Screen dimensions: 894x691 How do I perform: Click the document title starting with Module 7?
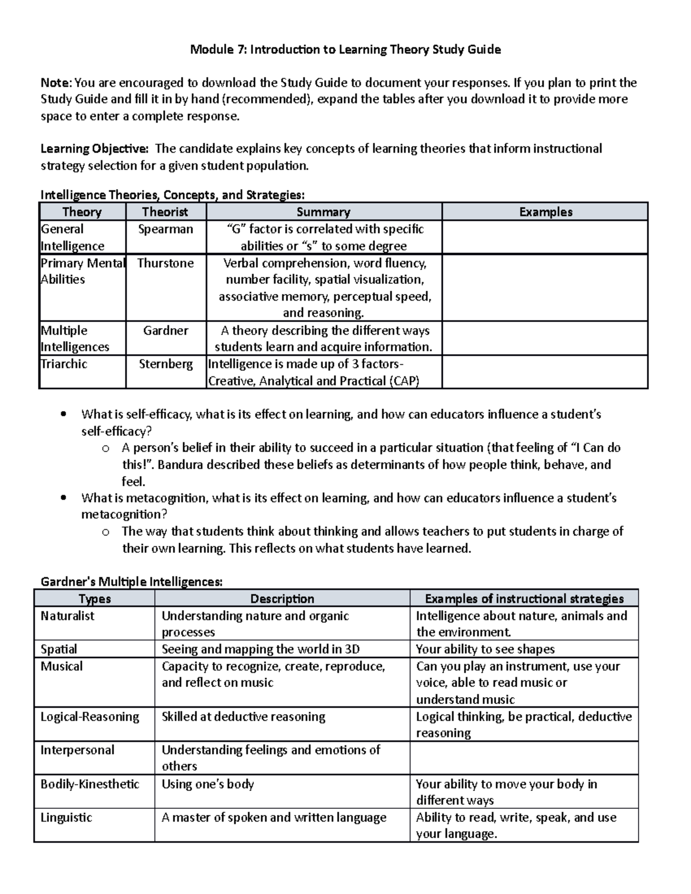(345, 50)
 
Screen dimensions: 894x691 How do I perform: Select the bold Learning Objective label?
(94, 149)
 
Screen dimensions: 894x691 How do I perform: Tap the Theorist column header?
(165, 212)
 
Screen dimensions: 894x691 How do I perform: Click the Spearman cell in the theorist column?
(165, 229)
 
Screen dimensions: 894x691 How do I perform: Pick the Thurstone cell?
(165, 263)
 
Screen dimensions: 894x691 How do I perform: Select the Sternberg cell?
(165, 364)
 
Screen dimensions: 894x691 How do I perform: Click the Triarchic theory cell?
(64, 364)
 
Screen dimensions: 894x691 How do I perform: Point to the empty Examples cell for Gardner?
(545, 338)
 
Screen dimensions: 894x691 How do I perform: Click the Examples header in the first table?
(545, 212)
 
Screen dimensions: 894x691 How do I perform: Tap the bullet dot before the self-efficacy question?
(63, 414)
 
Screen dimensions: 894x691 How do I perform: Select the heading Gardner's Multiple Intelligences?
(131, 582)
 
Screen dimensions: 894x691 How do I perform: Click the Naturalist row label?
(67, 616)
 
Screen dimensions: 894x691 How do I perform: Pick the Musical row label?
(62, 666)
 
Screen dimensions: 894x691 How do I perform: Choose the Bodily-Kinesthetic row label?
(90, 784)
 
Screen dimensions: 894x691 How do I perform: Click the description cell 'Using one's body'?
(207, 784)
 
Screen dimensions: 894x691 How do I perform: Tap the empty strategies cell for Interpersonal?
(524, 758)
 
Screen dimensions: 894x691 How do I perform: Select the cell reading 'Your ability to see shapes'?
(485, 649)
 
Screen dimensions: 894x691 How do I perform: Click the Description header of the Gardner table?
(282, 599)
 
